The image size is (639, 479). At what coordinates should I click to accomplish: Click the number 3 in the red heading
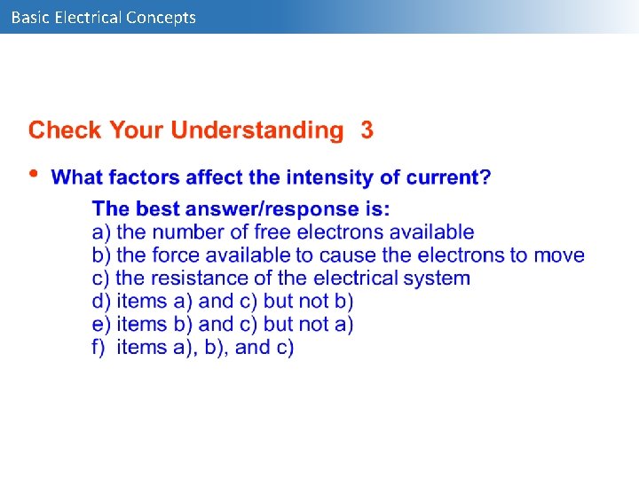(367, 130)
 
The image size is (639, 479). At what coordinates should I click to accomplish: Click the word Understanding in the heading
(256, 131)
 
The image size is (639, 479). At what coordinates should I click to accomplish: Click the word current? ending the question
(449, 177)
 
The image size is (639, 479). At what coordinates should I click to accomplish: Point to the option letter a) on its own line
(101, 232)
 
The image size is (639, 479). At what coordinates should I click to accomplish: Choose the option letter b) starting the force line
(101, 255)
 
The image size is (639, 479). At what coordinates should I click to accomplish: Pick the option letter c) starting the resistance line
(101, 279)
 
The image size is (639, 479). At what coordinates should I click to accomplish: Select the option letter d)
(101, 302)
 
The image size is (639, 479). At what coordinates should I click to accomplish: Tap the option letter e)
(101, 325)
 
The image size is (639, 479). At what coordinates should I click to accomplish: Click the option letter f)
(99, 348)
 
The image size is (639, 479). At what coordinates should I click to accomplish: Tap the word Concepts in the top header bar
(161, 17)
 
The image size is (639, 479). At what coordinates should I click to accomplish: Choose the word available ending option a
(430, 232)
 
